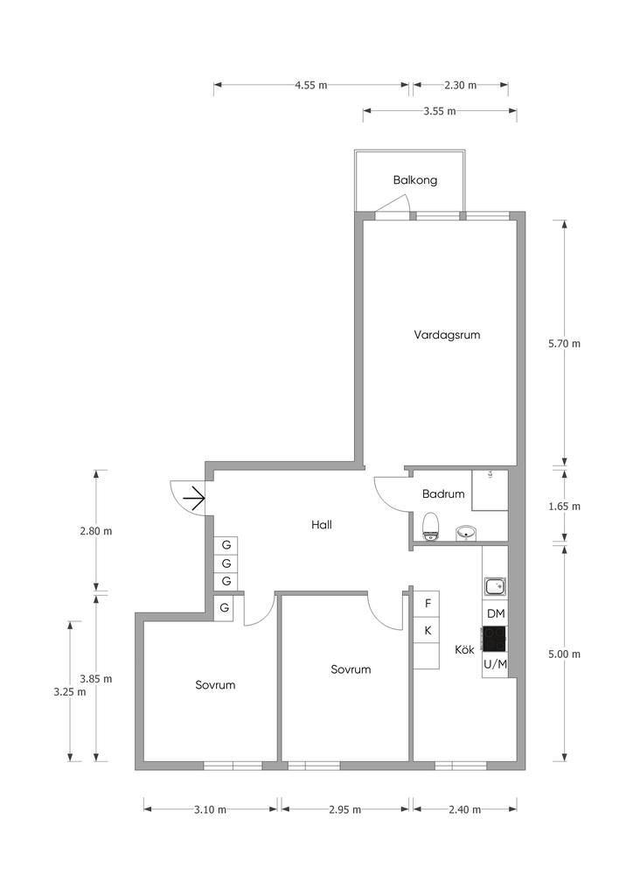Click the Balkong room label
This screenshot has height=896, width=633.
point(415,180)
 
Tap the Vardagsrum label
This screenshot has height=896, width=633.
point(447,335)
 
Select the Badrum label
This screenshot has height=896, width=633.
point(443,493)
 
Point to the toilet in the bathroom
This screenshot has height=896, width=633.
point(430,526)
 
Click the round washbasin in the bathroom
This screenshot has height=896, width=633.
point(466,533)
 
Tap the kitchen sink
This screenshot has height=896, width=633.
point(495,586)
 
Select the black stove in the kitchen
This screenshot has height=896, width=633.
point(494,639)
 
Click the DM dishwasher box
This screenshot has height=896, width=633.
point(496,613)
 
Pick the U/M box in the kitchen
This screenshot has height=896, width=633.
point(495,664)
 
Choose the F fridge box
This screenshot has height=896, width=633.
point(427,604)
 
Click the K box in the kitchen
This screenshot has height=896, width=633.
point(427,630)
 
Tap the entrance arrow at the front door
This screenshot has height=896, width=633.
point(194,498)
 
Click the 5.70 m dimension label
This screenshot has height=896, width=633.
point(564,344)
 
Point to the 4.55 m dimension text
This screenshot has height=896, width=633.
point(311,86)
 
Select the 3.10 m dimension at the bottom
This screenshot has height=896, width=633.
point(210,809)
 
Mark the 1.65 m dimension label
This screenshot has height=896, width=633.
point(564,507)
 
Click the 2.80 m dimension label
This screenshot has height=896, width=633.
point(96,531)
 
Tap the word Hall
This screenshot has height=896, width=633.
point(322,525)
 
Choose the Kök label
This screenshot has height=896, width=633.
point(464,649)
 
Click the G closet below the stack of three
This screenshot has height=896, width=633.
point(225,608)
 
